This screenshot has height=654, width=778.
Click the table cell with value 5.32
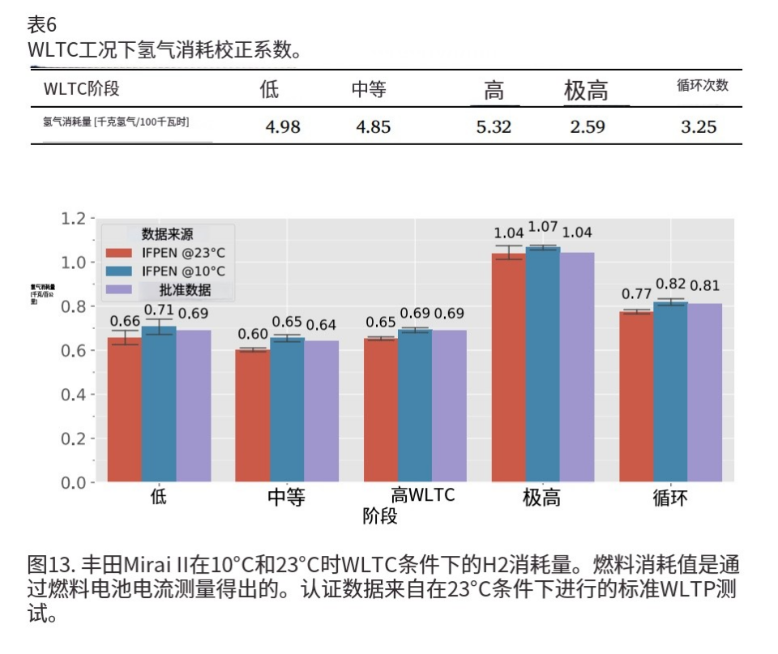(x=494, y=127)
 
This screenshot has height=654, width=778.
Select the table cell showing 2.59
(x=587, y=127)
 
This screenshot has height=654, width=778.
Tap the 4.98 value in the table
(x=283, y=127)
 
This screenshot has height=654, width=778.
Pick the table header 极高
(x=586, y=91)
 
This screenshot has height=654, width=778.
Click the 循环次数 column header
(x=703, y=86)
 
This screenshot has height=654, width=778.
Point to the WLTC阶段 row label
(x=81, y=89)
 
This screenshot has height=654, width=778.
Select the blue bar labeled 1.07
(x=543, y=365)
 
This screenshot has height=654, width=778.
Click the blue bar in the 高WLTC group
(x=415, y=405)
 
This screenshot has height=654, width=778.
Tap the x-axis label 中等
(x=286, y=498)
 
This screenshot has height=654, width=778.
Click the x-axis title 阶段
(x=380, y=516)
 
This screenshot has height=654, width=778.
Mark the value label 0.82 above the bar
(x=671, y=284)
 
